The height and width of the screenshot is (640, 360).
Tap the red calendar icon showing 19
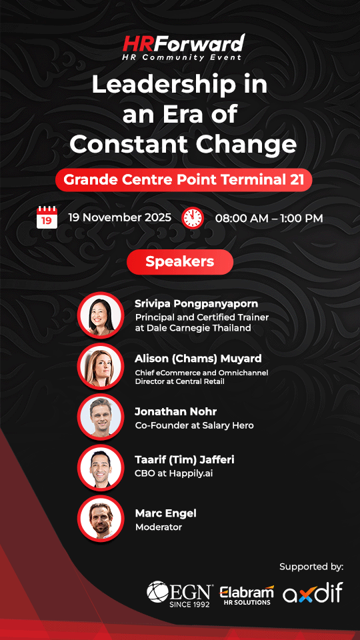47,217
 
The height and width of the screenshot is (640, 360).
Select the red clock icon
193,217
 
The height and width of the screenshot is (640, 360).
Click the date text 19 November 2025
119,218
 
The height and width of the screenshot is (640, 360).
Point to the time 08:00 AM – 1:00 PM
269,218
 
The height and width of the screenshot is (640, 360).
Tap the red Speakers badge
180,262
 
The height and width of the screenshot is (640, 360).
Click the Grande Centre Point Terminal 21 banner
183,179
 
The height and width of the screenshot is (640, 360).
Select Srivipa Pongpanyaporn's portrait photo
101,314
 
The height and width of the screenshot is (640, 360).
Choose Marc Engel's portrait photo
101,518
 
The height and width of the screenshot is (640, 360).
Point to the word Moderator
158,527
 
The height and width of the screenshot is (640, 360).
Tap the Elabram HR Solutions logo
246,595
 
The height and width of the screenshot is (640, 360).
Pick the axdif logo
312,593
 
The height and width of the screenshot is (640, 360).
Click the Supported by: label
311,567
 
